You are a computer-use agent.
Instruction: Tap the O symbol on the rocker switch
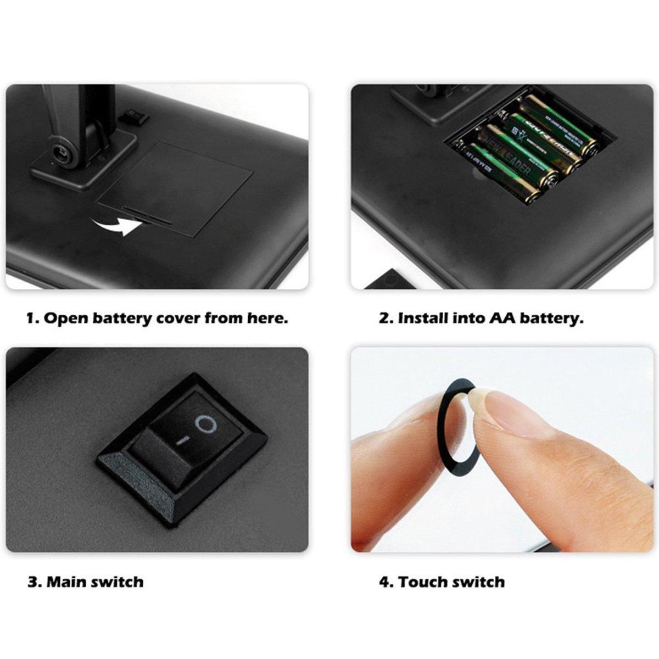(205, 424)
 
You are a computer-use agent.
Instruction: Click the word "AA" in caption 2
(501, 318)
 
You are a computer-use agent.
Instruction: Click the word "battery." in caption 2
(551, 318)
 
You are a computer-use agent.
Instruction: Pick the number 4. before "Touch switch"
(386, 582)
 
